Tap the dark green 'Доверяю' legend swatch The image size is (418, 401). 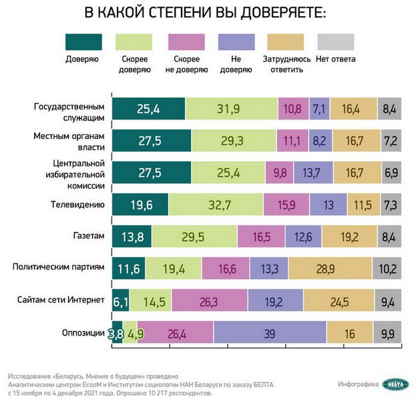[x=83, y=41]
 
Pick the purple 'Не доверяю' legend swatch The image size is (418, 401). [x=235, y=41]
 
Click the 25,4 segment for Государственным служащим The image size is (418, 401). [x=149, y=108]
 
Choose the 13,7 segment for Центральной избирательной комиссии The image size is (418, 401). [x=312, y=172]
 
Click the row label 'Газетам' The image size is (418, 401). [x=87, y=236]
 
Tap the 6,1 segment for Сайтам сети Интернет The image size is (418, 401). [x=121, y=301]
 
